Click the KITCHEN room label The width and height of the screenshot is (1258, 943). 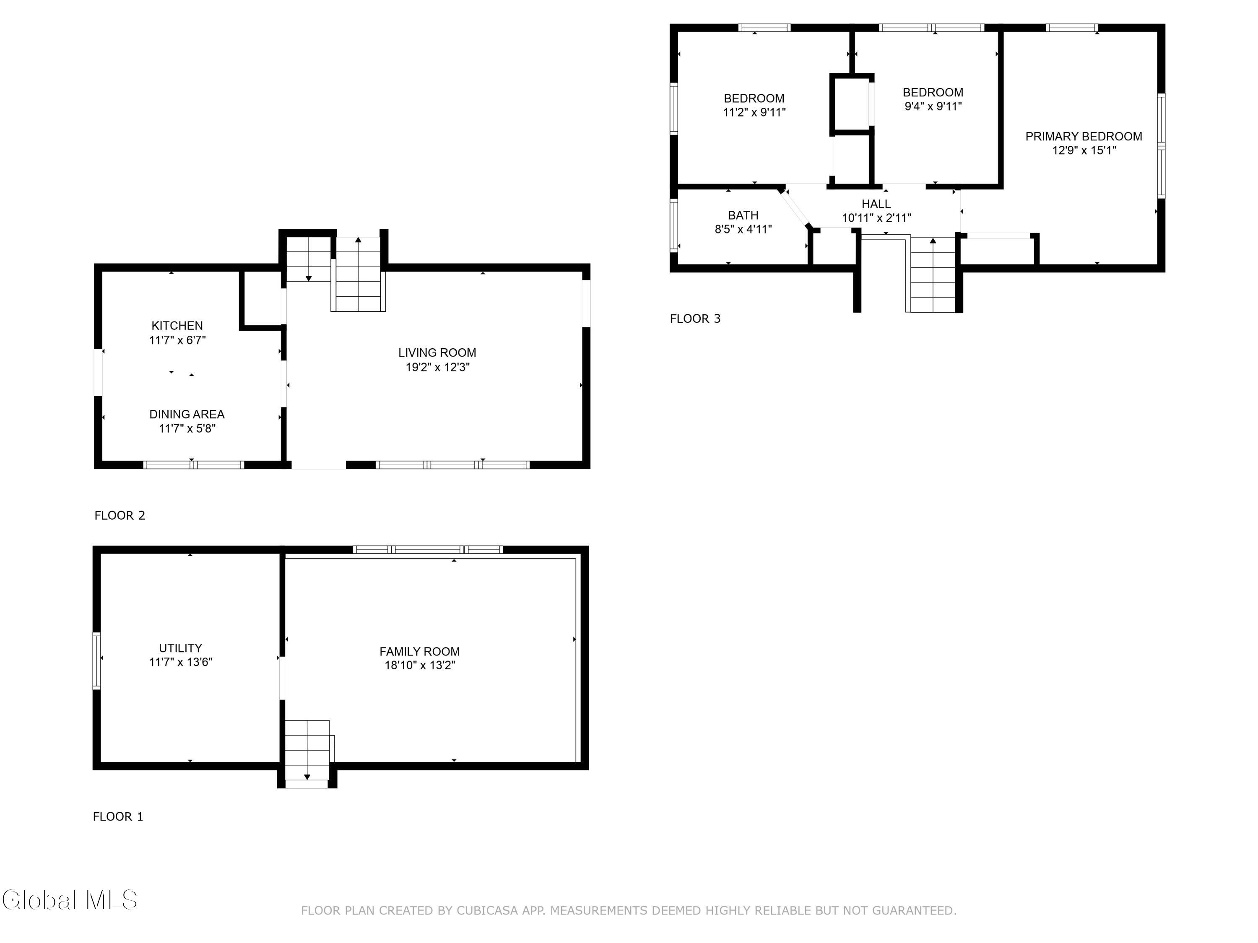(x=177, y=326)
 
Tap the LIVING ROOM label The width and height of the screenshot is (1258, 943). (x=437, y=353)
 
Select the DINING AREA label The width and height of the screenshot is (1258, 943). (x=187, y=415)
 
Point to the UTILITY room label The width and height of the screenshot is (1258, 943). (x=180, y=648)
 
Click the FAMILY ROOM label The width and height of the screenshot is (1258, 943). (x=420, y=651)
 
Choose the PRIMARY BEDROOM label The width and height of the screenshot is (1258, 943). (x=1084, y=136)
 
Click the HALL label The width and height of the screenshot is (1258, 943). (x=876, y=204)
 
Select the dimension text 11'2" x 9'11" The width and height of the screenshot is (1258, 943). (x=754, y=113)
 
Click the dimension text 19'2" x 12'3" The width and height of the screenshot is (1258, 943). (x=437, y=367)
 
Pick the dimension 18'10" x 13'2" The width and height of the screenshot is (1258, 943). (x=420, y=665)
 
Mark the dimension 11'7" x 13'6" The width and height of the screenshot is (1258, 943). (x=180, y=662)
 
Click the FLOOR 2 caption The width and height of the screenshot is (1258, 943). (x=120, y=516)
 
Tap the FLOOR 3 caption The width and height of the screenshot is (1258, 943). (x=695, y=319)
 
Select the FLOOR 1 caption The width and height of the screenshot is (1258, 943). (x=118, y=817)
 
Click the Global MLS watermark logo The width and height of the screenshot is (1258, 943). (x=69, y=900)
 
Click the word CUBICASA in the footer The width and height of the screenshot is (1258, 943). (x=487, y=911)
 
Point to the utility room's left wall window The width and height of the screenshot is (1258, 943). (x=97, y=661)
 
